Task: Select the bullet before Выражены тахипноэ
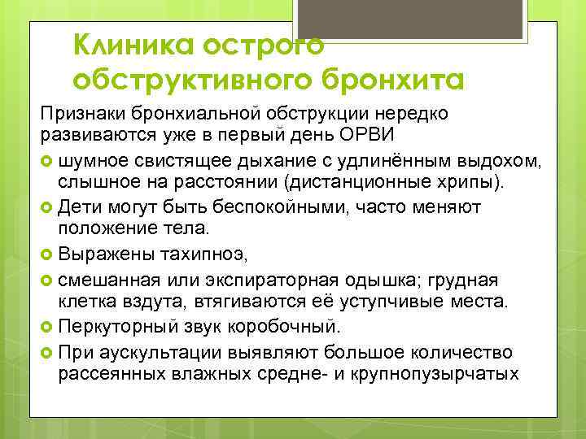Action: pos(47,255)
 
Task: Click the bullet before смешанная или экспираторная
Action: pos(47,279)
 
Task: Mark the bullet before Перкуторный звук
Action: pos(47,327)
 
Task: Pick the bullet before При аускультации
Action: pos(47,351)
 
